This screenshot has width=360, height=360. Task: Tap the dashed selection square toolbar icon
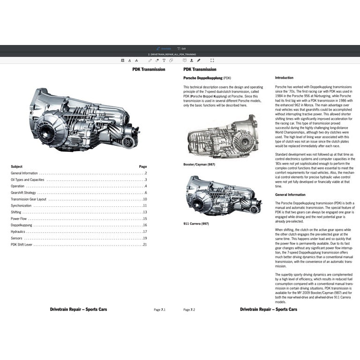coord(212,60)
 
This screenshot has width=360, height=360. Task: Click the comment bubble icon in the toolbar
coord(185,60)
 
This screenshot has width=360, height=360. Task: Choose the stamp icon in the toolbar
coord(191,60)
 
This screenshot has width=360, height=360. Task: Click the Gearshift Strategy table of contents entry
coord(23,193)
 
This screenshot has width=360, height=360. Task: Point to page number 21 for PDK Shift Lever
coord(145,245)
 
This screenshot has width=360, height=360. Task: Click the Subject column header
coord(16,166)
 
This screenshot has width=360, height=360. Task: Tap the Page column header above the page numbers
coord(143,166)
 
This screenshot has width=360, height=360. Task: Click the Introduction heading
coord(284,78)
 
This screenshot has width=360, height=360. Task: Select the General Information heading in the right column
coord(290,195)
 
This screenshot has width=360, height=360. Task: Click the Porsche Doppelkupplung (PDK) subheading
coord(207,78)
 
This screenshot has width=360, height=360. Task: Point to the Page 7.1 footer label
coord(160,310)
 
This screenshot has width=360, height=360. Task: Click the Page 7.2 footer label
coord(189,310)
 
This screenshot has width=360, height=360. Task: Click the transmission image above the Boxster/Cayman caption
coord(221,136)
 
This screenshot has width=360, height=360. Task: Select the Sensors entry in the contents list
coord(16,238)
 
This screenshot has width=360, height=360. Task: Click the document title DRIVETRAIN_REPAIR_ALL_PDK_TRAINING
coord(170,54)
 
